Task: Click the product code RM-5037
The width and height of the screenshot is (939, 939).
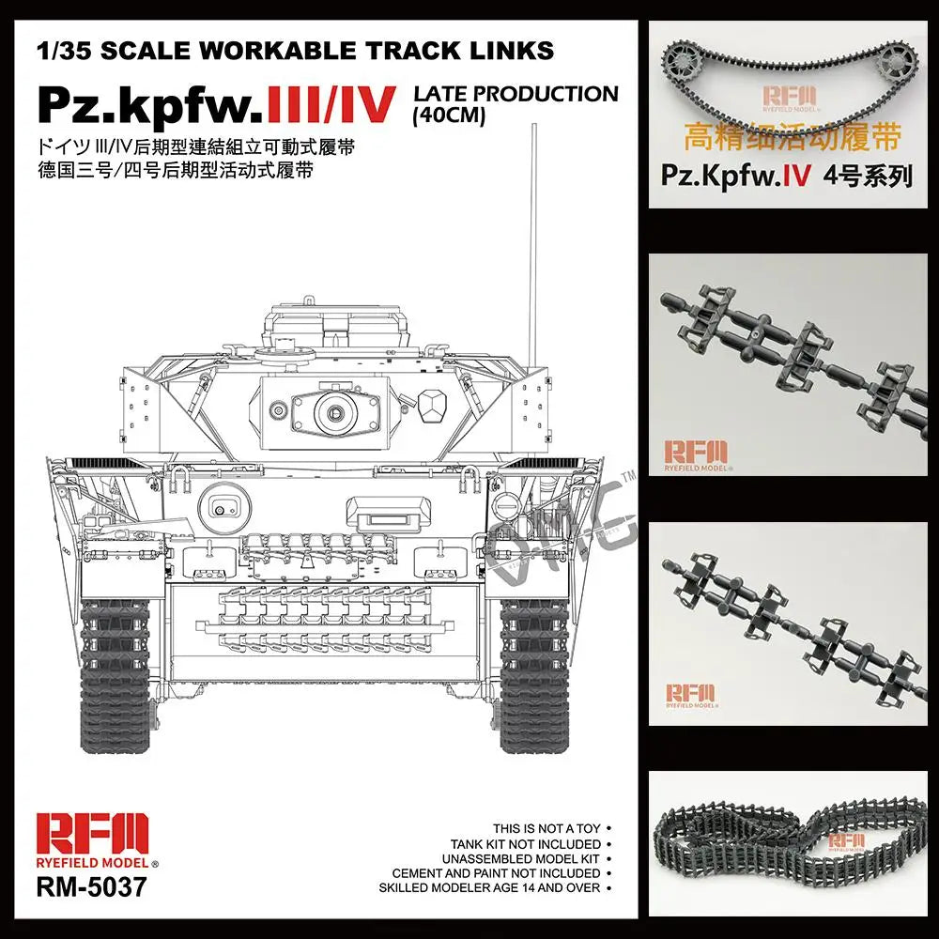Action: tap(91, 886)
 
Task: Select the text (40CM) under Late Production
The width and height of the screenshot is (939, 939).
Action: tap(449, 115)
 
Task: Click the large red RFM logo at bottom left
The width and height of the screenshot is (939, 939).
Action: tap(92, 835)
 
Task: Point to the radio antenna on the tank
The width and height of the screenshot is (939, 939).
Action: tap(531, 244)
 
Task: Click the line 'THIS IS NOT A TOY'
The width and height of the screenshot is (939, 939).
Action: tap(546, 829)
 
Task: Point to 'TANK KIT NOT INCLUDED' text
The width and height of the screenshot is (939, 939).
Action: tap(526, 844)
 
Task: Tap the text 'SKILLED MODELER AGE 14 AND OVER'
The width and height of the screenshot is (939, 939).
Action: tap(490, 888)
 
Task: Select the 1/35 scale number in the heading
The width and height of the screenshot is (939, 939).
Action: tap(64, 51)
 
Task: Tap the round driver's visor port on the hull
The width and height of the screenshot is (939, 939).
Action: tap(224, 508)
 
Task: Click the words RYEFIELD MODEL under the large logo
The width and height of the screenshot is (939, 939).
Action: tap(92, 863)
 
